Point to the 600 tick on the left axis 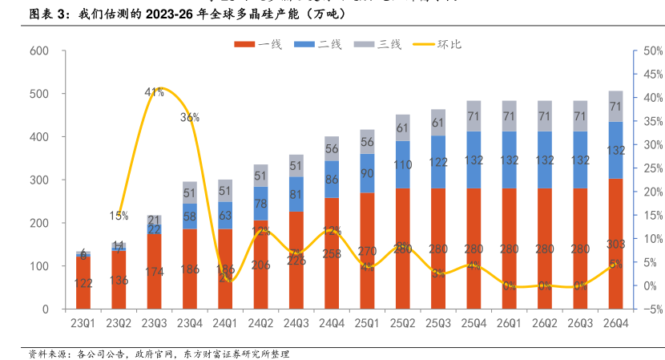pos(39,51)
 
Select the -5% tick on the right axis pos(650,309)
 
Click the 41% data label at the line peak pos(155,92)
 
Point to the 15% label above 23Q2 pos(119,216)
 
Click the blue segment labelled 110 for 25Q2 pos(402,164)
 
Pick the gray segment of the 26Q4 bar pos(616,106)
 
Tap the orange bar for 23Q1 pos(83,282)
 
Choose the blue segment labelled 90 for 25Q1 pos(367,173)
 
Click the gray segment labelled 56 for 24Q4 pos(332,148)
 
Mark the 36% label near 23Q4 pos(190,117)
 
